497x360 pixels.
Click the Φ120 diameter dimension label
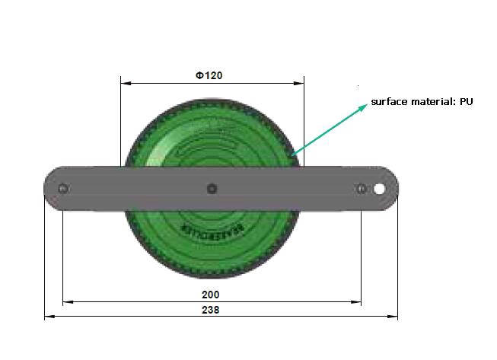208,75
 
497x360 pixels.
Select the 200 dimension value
211,295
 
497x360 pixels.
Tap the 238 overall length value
212,310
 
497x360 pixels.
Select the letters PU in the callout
467,102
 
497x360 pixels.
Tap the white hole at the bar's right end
378,188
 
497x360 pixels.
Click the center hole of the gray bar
212,188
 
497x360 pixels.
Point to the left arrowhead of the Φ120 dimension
125,83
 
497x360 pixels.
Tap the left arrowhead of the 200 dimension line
66,302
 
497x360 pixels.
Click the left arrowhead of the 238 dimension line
48,316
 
